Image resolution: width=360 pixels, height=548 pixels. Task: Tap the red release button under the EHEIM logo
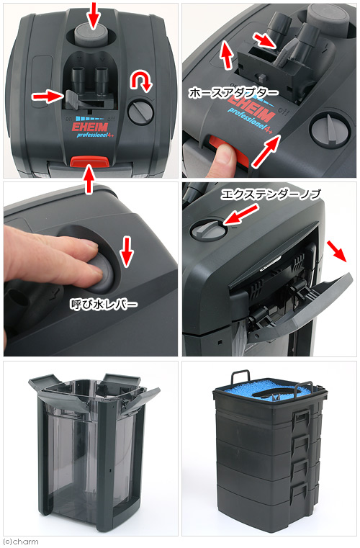pos(90,161)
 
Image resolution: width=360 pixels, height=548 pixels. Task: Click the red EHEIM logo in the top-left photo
pos(90,127)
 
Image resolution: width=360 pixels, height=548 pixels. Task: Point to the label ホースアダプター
pos(233,93)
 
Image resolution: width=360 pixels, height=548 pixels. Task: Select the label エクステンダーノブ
pos(271,194)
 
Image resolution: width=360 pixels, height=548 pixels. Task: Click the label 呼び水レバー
pos(104,305)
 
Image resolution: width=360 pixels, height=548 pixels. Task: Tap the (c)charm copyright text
pos(20,542)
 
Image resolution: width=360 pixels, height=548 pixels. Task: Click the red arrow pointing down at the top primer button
pos(94,14)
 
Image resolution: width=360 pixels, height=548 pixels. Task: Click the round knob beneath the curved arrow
pos(140,112)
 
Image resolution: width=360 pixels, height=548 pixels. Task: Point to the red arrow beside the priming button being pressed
pos(127,251)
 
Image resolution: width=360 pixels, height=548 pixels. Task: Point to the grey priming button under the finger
pos(102,274)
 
